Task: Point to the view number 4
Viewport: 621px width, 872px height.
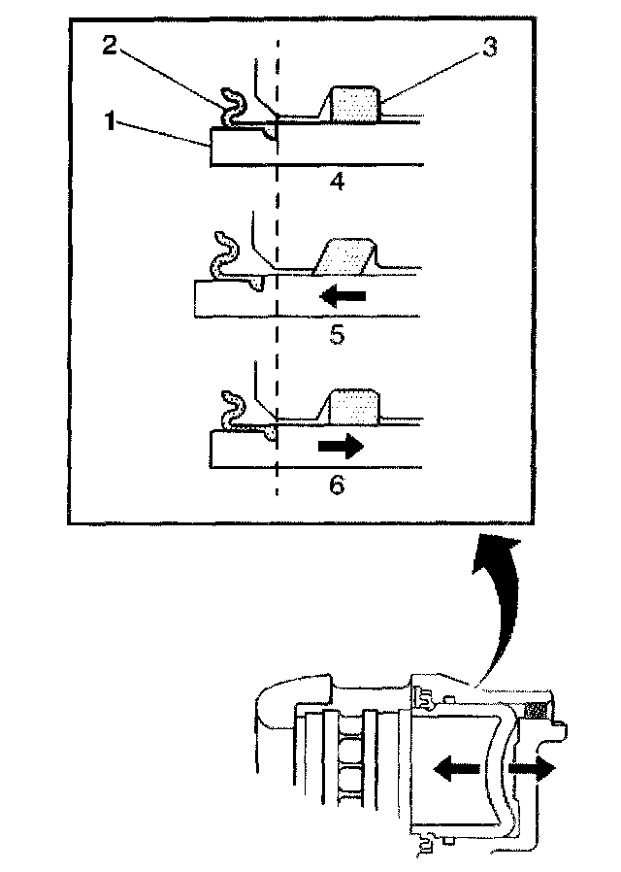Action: (337, 181)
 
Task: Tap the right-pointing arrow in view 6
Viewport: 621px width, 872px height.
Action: (339, 447)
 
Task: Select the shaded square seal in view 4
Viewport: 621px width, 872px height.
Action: (354, 103)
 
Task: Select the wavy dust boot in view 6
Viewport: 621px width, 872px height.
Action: (233, 408)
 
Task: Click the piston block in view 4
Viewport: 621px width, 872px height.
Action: (244, 147)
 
